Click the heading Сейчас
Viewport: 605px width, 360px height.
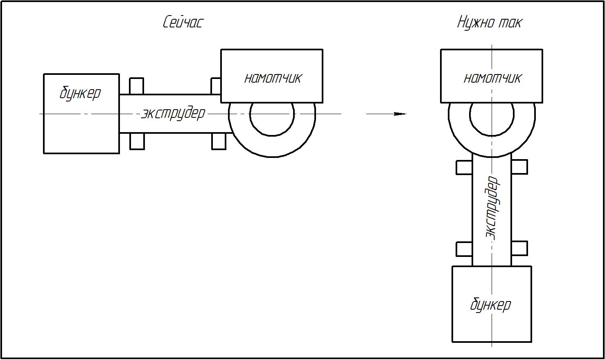[183, 22]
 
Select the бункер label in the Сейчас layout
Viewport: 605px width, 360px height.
[80, 93]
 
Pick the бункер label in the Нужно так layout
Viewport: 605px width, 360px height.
[490, 305]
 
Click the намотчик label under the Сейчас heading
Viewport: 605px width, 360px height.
[273, 78]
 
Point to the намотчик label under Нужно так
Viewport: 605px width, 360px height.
[492, 78]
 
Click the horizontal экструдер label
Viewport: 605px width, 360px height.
[173, 113]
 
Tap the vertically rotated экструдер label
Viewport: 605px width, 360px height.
[491, 207]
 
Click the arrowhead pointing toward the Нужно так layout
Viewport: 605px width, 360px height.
[400, 114]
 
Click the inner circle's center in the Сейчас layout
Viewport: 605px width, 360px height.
[272, 114]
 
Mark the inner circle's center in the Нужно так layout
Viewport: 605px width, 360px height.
[492, 114]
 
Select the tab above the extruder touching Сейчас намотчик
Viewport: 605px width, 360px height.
[216, 86]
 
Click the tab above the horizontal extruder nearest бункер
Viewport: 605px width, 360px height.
[136, 86]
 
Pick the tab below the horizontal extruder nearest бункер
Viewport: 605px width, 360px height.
[137, 141]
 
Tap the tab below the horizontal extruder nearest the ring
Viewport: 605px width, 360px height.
[219, 141]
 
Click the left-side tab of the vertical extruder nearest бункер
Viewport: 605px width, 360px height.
[464, 248]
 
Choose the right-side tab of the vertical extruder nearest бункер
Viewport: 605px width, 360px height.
[519, 248]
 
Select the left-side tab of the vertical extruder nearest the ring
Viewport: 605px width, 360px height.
[464, 167]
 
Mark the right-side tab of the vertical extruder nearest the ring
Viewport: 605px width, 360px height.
[519, 167]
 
